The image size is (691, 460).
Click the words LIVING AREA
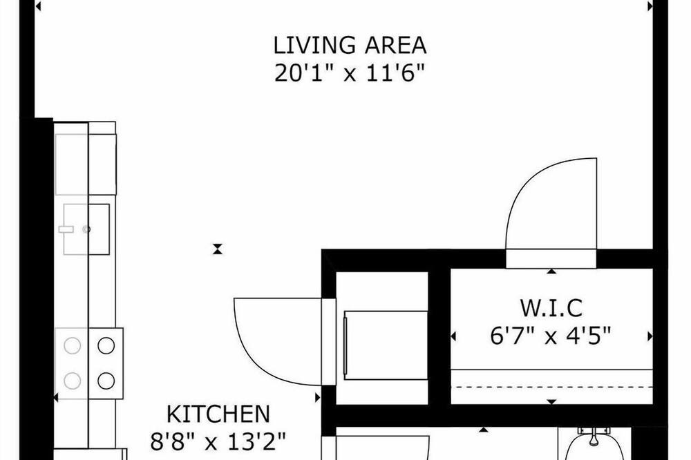tap(350, 46)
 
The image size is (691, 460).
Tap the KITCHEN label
tap(218, 414)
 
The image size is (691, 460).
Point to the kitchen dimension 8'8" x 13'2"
tap(218, 441)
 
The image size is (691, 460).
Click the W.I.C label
tap(551, 308)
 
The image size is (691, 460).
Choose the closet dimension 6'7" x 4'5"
tap(551, 336)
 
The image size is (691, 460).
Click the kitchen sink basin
tap(86, 229)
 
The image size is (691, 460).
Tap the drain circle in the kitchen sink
tap(86, 229)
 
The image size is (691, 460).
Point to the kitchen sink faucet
tap(66, 229)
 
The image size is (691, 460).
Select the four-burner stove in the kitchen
tap(89, 363)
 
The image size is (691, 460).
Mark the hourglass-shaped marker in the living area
tap(217, 249)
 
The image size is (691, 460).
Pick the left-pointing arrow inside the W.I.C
tap(453, 336)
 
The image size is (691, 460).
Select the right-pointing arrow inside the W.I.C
tap(650, 336)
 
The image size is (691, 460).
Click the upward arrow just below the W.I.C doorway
tap(551, 271)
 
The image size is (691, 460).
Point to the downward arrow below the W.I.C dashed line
tap(551, 401)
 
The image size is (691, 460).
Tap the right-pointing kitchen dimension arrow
tap(318, 398)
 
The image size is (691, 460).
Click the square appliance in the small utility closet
tap(386, 345)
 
